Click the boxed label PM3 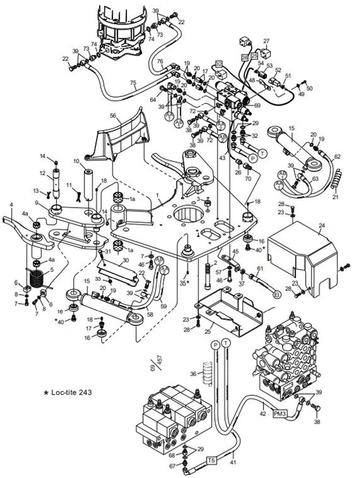click(279, 414)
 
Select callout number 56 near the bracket click(113, 115)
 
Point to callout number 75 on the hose click(134, 83)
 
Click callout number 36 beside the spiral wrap click(193, 374)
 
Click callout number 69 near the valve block click(257, 105)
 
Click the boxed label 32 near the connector click(218, 64)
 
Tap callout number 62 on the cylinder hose click(338, 157)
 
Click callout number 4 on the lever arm click(11, 204)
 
